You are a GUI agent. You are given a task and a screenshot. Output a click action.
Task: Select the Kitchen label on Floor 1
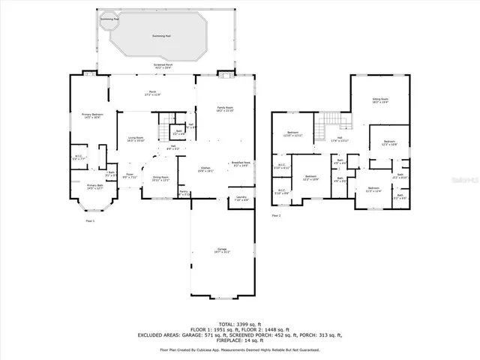[x=205, y=169]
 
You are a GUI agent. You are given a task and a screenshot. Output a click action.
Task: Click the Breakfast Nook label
[x=240, y=163]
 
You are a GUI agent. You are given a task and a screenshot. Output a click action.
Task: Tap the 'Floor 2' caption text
[x=276, y=215]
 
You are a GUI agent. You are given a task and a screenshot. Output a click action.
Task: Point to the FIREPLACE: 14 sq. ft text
[x=239, y=340]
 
